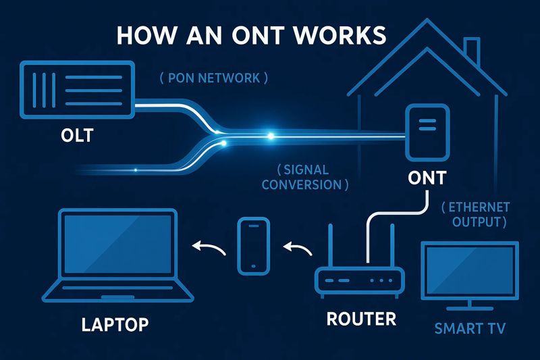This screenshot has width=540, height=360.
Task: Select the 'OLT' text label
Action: pos(76,137)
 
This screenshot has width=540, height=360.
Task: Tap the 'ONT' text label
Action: pos(427,178)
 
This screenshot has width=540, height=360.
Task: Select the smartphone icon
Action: pos(254,245)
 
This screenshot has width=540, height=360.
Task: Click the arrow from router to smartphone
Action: pos(296,249)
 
